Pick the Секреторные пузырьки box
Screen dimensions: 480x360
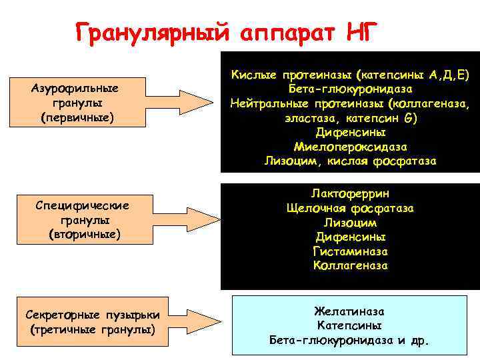click(x=93, y=322)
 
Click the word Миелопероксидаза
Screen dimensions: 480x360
click(x=350, y=147)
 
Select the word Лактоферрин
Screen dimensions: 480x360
click(x=350, y=193)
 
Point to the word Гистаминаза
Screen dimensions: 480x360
click(x=350, y=251)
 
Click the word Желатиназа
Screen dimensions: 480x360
click(x=350, y=311)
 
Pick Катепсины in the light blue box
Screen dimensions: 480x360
click(x=350, y=326)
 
